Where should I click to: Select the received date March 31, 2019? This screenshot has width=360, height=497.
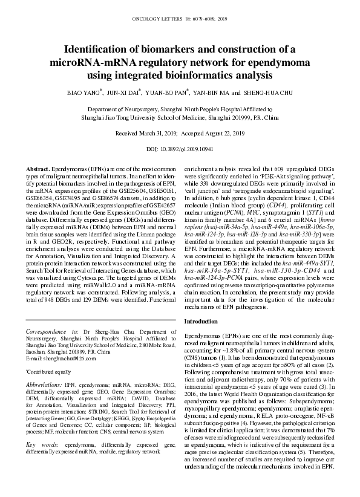click(x=152, y=132)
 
